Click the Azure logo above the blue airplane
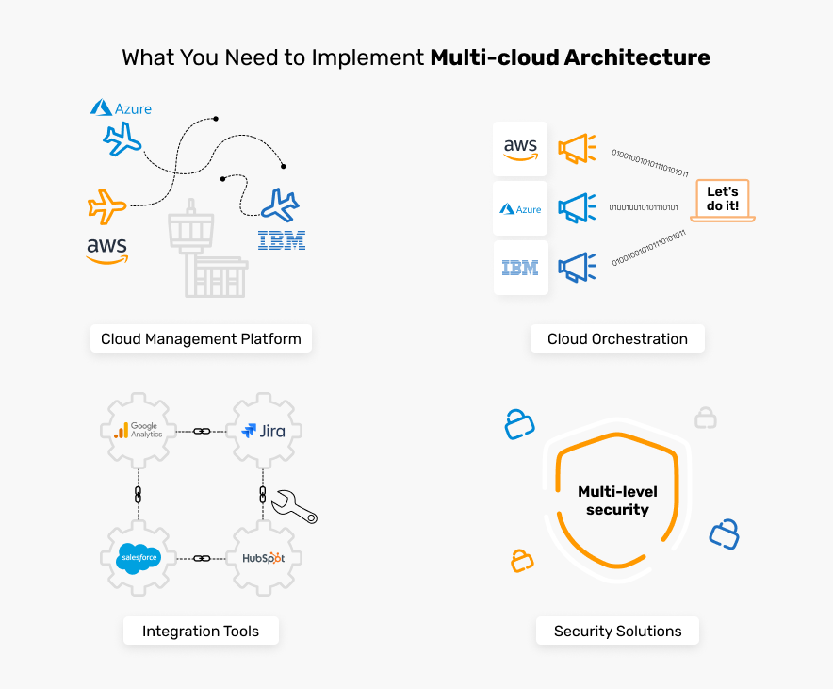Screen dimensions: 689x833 pos(121,108)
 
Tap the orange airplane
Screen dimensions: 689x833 pos(106,205)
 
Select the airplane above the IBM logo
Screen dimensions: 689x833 pos(280,205)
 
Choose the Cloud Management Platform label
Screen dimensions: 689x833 pos(201,339)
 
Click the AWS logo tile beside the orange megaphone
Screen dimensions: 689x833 pos(520,149)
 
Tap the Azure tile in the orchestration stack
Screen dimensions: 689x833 pos(520,208)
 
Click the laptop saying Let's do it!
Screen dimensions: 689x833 pos(723,201)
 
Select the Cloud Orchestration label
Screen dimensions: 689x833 pos(617,339)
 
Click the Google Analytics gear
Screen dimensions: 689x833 pos(139,431)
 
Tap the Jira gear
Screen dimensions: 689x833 pos(263,431)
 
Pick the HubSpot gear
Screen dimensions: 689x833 pos(263,558)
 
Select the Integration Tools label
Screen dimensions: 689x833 pos(201,631)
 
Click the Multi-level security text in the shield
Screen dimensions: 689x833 pos(617,500)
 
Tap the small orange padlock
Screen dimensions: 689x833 pos(522,561)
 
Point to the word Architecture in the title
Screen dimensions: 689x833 pos(637,57)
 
